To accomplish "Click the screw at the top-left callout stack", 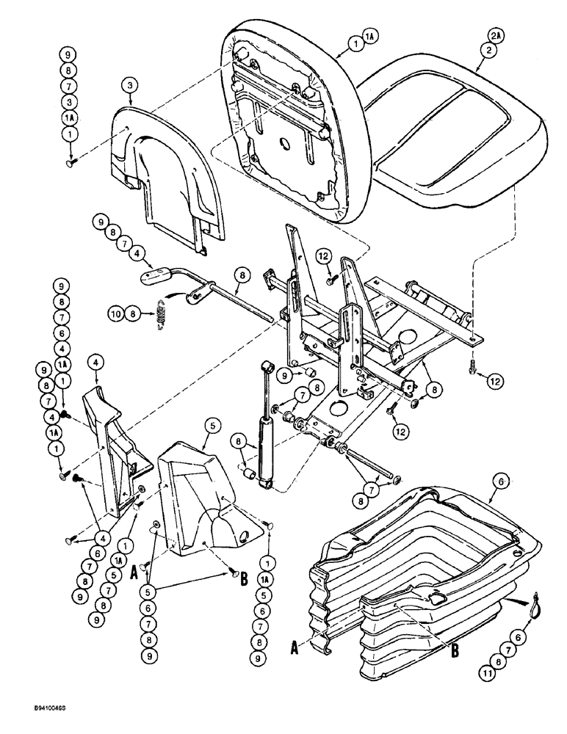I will pyautogui.click(x=68, y=164).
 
